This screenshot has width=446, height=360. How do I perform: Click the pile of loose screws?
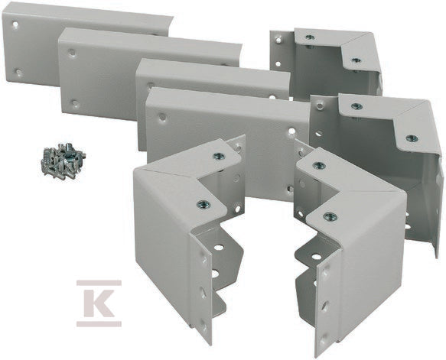(x=63, y=161)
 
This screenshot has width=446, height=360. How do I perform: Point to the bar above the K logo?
(x=99, y=283)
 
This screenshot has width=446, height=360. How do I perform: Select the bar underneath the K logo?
(x=99, y=324)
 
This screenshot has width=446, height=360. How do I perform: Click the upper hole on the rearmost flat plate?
(x=15, y=24)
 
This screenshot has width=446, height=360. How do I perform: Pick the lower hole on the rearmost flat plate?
(x=19, y=72)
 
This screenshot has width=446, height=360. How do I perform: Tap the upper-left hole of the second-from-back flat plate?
(x=72, y=53)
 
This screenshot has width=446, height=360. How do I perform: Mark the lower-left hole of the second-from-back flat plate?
(x=75, y=103)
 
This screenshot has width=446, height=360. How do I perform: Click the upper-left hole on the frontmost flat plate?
(x=162, y=116)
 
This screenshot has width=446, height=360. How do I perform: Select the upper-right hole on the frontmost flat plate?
(x=291, y=131)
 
